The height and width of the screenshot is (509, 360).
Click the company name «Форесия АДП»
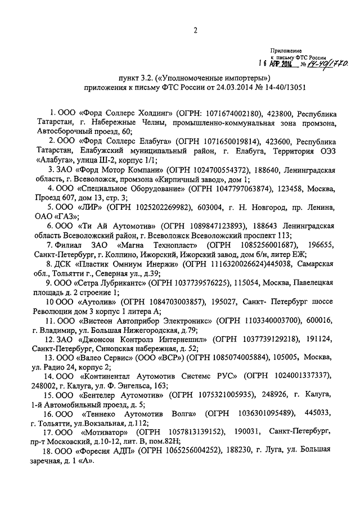coord(111,451)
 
